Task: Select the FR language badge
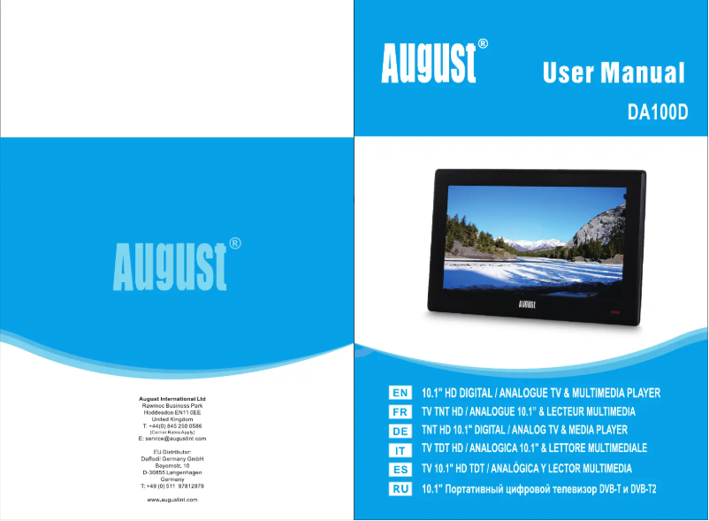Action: (x=400, y=412)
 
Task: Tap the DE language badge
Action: (x=400, y=431)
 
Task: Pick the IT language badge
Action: (x=400, y=450)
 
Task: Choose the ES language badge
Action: (x=400, y=470)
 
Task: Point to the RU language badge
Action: (x=400, y=488)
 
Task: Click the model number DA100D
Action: (x=657, y=113)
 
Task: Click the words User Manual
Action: (x=614, y=73)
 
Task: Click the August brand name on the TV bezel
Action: (x=530, y=303)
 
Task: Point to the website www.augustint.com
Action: (x=172, y=500)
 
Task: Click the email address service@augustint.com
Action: (x=172, y=439)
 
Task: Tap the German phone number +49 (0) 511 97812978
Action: (x=172, y=487)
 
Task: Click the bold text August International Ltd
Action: (x=172, y=399)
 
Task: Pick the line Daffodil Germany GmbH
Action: (x=172, y=459)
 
